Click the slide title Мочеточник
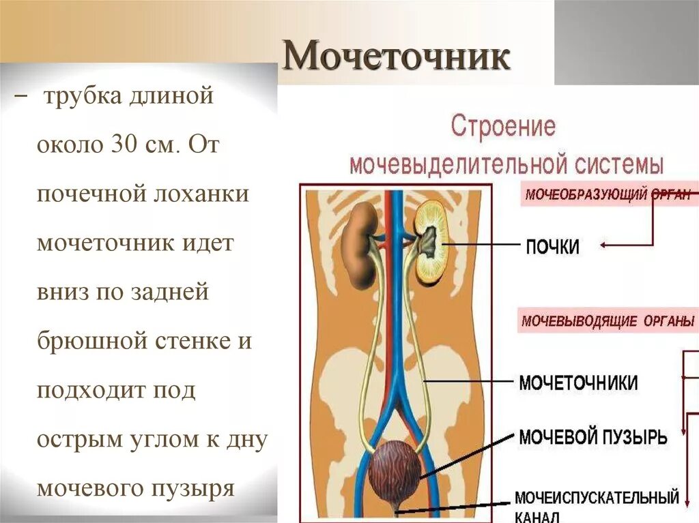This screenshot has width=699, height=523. click(x=396, y=58)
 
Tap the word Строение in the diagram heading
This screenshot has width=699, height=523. click(x=504, y=128)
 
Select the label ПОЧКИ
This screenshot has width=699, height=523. click(x=552, y=246)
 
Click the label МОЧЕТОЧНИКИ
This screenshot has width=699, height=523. click(x=578, y=382)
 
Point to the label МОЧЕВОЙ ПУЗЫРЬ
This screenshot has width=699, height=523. click(x=593, y=436)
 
